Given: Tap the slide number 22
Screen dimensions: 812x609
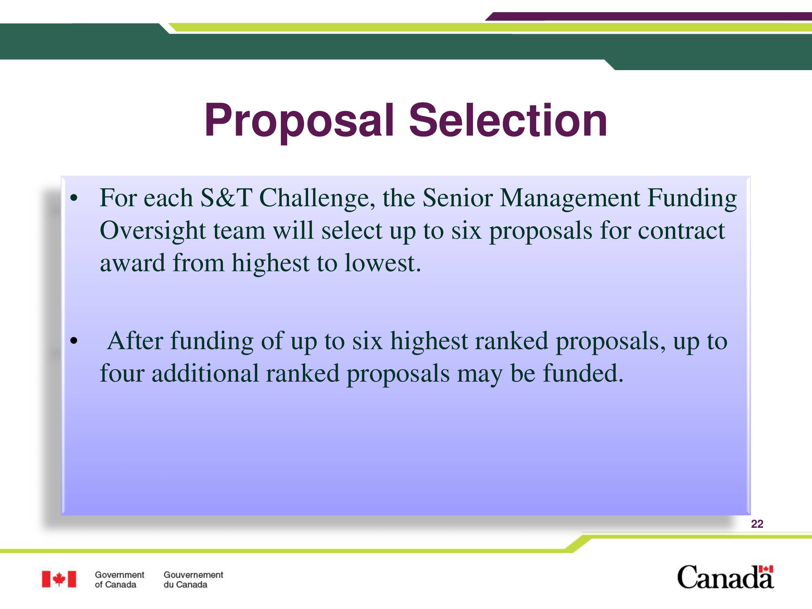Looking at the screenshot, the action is click(x=757, y=524).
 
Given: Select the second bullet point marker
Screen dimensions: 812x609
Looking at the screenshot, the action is click(x=74, y=341).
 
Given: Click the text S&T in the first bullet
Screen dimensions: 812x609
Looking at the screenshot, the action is click(x=226, y=198).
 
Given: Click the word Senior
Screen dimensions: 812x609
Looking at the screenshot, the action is click(x=457, y=198).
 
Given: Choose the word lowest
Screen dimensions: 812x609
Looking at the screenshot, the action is click(x=382, y=263).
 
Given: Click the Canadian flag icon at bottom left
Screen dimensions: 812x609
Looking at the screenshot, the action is click(x=59, y=579).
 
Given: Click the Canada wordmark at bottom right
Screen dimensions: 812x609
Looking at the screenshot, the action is click(x=725, y=577).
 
